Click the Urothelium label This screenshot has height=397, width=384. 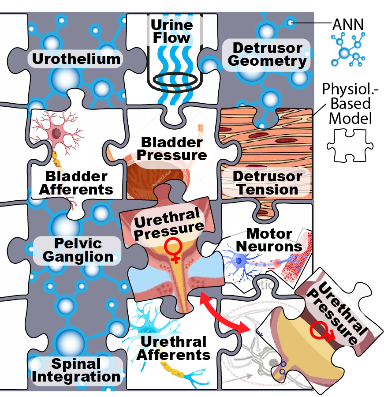(76, 59)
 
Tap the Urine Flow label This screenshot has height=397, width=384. (172, 31)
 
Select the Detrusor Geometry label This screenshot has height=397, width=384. (267, 54)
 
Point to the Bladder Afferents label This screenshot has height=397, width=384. (76, 183)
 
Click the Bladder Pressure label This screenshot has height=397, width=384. (172, 149)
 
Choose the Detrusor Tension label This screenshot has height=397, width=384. (268, 183)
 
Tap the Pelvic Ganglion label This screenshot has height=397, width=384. (78, 250)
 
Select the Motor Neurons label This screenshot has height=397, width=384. (269, 240)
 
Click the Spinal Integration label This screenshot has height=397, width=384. (76, 370)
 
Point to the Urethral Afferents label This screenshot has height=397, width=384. (173, 348)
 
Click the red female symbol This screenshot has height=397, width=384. (173, 251)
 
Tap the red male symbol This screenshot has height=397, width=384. (322, 330)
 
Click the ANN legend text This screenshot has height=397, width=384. (348, 25)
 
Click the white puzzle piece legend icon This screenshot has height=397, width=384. (350, 145)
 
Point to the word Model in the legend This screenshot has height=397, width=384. (350, 118)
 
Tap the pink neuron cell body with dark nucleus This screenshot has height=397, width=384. (57, 133)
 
